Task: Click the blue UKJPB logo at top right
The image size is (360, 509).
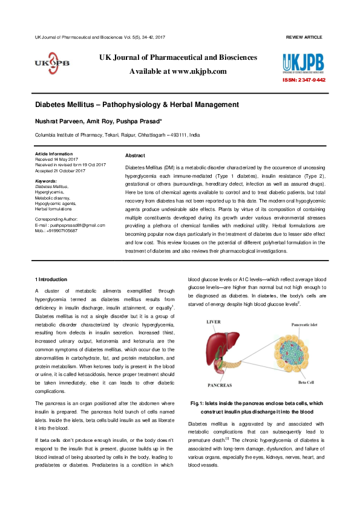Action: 303,63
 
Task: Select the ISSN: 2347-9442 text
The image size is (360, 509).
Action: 304,80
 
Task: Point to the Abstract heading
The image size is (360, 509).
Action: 134,155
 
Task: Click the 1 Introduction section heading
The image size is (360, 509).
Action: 51,279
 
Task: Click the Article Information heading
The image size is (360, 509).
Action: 54,154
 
